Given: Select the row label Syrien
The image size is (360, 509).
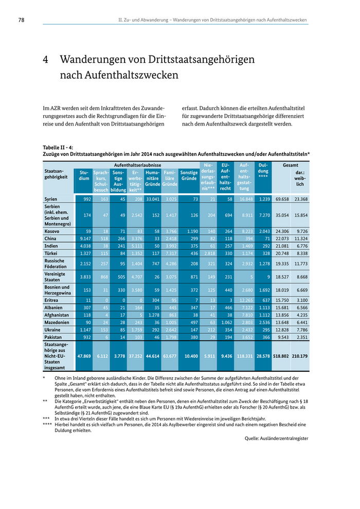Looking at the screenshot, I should (51, 199).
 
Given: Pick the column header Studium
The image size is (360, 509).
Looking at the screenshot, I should (84, 175).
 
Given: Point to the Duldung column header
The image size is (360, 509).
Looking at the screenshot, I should (263, 170).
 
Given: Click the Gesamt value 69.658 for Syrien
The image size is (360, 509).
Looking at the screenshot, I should (282, 199).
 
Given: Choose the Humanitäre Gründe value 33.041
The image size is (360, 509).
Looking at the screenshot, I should (152, 199).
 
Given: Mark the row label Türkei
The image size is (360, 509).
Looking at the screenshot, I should (51, 253).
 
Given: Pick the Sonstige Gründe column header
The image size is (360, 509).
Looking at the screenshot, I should (189, 175).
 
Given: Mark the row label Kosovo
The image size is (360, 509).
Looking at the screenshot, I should (52, 231).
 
